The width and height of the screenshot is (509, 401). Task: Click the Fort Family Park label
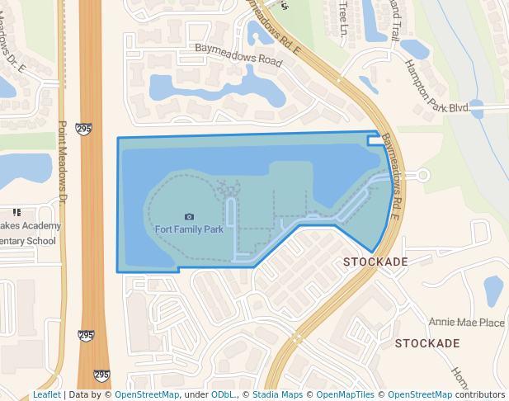tap(189, 229)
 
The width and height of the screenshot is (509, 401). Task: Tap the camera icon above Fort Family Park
tap(189, 216)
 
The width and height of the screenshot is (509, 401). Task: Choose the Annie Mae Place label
tap(466, 323)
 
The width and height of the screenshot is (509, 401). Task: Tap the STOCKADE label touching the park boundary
tap(375, 262)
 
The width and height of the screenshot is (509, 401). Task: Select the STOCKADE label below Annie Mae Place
tap(427, 342)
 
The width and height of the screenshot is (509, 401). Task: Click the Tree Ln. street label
tap(344, 18)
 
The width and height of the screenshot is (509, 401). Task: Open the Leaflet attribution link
tap(46, 394)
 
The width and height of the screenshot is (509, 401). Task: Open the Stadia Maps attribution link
tap(277, 394)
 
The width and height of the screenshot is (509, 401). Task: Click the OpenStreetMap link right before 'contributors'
tap(420, 394)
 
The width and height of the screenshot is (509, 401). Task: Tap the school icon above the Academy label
tap(16, 212)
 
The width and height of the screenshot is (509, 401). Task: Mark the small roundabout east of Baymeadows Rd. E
tap(423, 175)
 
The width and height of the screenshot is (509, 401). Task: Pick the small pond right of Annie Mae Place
tap(493, 291)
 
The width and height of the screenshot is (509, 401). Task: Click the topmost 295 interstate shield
tap(83, 129)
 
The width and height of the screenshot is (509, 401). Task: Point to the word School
tap(40, 241)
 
